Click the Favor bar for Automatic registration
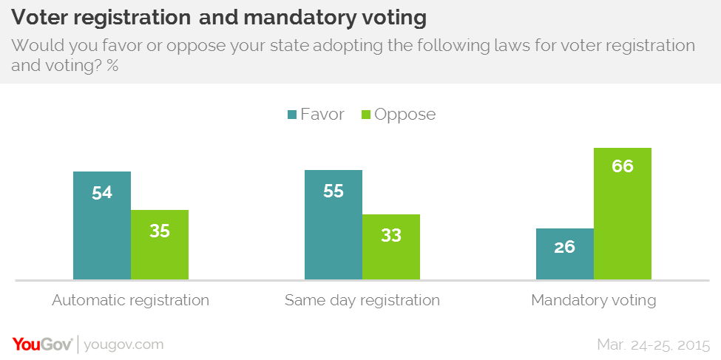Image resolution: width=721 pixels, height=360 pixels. click(102, 225)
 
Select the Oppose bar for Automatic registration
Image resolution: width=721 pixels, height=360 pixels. click(160, 245)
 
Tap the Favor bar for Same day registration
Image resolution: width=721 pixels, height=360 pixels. click(334, 225)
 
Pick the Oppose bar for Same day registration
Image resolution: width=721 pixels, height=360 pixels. click(391, 247)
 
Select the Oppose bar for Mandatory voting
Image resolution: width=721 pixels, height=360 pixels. click(623, 214)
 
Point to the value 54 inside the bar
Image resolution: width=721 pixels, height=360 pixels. click(102, 192)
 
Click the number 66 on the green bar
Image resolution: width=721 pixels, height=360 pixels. click(623, 166)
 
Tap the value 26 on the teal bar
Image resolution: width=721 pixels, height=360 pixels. click(565, 247)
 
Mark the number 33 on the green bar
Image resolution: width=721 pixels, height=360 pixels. click(391, 235)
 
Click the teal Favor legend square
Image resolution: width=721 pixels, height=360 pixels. click(292, 115)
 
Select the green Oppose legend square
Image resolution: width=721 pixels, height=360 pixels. click(365, 115)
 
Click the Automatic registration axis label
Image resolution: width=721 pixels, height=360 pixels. click(131, 301)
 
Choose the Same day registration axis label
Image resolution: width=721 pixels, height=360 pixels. click(362, 301)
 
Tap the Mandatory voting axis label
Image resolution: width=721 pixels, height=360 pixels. click(594, 301)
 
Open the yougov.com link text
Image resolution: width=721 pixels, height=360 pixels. click(124, 344)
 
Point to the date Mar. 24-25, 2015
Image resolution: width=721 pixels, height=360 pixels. click(653, 344)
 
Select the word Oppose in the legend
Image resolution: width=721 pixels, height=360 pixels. click(405, 115)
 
